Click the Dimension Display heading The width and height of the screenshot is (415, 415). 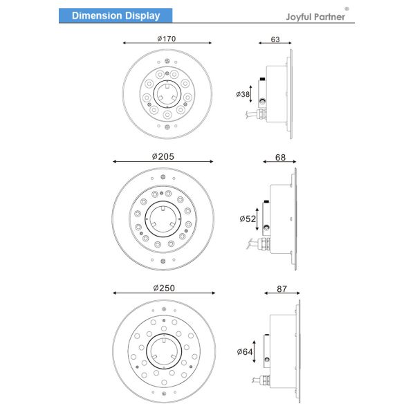pyautogui.click(x=116, y=16)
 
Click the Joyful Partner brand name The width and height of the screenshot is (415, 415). pyautogui.click(x=315, y=17)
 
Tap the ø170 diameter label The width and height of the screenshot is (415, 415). pyautogui.click(x=167, y=39)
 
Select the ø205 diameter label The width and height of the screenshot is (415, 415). pyautogui.click(x=163, y=156)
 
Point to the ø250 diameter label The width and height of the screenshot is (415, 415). pyautogui.click(x=164, y=288)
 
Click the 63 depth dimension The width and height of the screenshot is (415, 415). pyautogui.click(x=275, y=39)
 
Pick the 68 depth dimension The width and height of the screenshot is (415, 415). pyautogui.click(x=280, y=158)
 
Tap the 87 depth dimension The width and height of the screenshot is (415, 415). pyautogui.click(x=282, y=288)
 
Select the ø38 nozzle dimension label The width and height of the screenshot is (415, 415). pyautogui.click(x=243, y=94)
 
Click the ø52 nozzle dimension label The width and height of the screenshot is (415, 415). pyautogui.click(x=248, y=219)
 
